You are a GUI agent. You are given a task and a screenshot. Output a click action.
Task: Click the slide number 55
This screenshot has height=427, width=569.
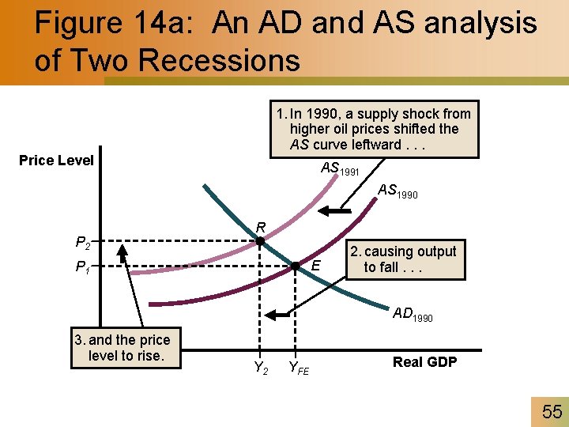coord(552,411)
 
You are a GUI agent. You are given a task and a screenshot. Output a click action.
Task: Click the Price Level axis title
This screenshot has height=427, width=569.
coord(56,161)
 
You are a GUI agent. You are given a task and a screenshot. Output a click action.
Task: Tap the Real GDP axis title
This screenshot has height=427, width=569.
coord(424,362)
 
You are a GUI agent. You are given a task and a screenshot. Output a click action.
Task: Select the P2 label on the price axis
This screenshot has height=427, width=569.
coord(81,242)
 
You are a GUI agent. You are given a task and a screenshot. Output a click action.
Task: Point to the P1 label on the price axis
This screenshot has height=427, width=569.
coord(81,267)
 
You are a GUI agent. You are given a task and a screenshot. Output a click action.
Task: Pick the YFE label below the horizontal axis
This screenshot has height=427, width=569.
coord(299,367)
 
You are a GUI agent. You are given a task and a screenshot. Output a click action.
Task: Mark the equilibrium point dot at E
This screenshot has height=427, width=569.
coord(294,266)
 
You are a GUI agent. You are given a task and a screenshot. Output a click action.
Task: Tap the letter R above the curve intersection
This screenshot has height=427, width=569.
coord(259,228)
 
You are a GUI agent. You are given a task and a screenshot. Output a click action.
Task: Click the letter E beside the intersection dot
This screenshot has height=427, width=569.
coord(315,266)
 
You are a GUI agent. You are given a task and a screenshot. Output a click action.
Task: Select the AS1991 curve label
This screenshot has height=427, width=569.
coord(340,168)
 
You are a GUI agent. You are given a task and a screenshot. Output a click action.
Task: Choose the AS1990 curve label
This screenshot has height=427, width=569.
coord(398,191)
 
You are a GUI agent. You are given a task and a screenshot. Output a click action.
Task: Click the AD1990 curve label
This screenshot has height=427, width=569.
coord(413,314)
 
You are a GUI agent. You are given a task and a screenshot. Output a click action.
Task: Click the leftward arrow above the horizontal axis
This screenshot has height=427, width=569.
coord(279,315)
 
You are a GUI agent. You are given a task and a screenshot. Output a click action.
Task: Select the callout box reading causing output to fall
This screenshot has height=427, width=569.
coord(402,259)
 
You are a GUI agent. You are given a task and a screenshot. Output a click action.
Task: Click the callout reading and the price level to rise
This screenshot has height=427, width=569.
coord(126,348)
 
